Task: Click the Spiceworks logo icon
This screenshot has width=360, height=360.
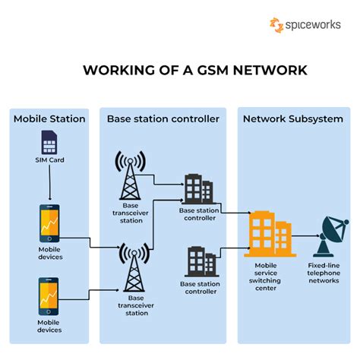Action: tap(277, 24)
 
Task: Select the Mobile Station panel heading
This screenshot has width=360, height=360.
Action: tap(49, 118)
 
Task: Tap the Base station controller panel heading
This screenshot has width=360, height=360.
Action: tap(163, 118)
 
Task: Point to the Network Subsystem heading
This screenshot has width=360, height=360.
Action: tap(293, 118)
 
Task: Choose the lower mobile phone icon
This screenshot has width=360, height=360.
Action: tap(50, 297)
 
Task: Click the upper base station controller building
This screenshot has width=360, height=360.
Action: tap(198, 190)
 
